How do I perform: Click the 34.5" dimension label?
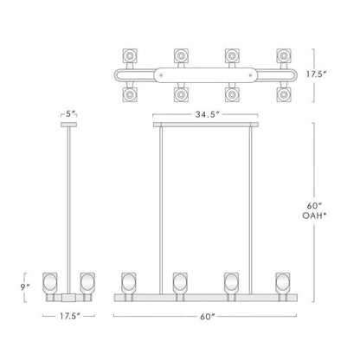pyautogui.click(x=208, y=114)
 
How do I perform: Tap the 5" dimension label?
pyautogui.click(x=69, y=113)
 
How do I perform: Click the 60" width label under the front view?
pyautogui.click(x=208, y=317)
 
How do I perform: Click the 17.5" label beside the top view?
pyautogui.click(x=316, y=74)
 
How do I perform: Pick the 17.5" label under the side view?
pyautogui.click(x=69, y=316)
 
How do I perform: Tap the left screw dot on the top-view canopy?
pyautogui.click(x=161, y=75)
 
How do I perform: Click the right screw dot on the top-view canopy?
pyautogui.click(x=250, y=75)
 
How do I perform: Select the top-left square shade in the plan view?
pyautogui.click(x=130, y=55)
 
